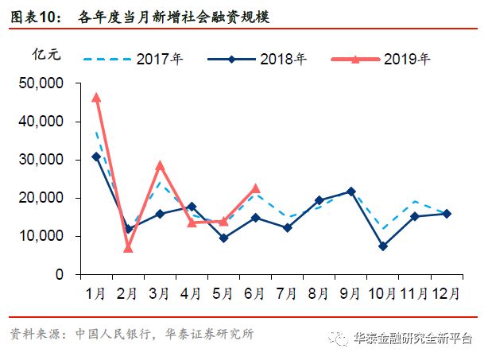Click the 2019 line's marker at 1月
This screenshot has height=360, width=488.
point(96,98)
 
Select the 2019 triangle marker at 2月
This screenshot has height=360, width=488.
point(127,248)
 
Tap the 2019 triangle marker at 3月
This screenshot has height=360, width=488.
point(160,165)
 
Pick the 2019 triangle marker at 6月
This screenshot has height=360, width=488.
point(255,188)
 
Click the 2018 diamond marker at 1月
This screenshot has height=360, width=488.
point(96,157)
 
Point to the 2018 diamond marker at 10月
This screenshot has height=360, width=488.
point(383,246)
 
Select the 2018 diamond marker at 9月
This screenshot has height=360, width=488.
point(351,192)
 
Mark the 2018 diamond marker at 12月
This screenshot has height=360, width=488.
point(447,214)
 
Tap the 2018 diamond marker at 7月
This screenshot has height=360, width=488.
point(287,228)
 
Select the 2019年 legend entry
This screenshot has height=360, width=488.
point(386,58)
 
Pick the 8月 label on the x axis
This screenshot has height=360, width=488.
point(320,292)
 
